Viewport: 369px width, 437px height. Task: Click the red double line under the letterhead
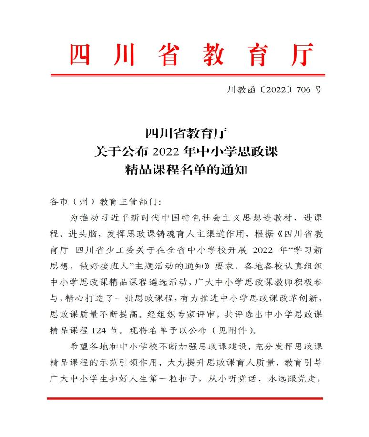point(187,75)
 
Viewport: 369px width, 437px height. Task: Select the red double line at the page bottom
point(185,398)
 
